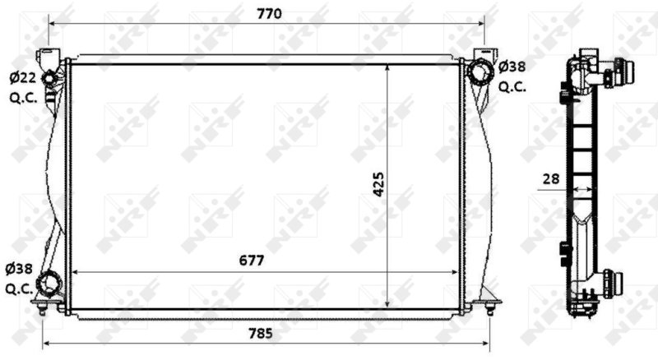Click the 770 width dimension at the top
(270, 14)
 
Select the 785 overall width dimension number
(261, 334)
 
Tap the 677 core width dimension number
(252, 261)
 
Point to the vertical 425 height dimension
(378, 184)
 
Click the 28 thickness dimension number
(551, 179)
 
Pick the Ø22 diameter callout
(23, 77)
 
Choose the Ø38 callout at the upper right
(512, 67)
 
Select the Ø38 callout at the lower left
(19, 269)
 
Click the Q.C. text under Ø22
(24, 98)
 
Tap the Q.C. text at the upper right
(512, 87)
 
